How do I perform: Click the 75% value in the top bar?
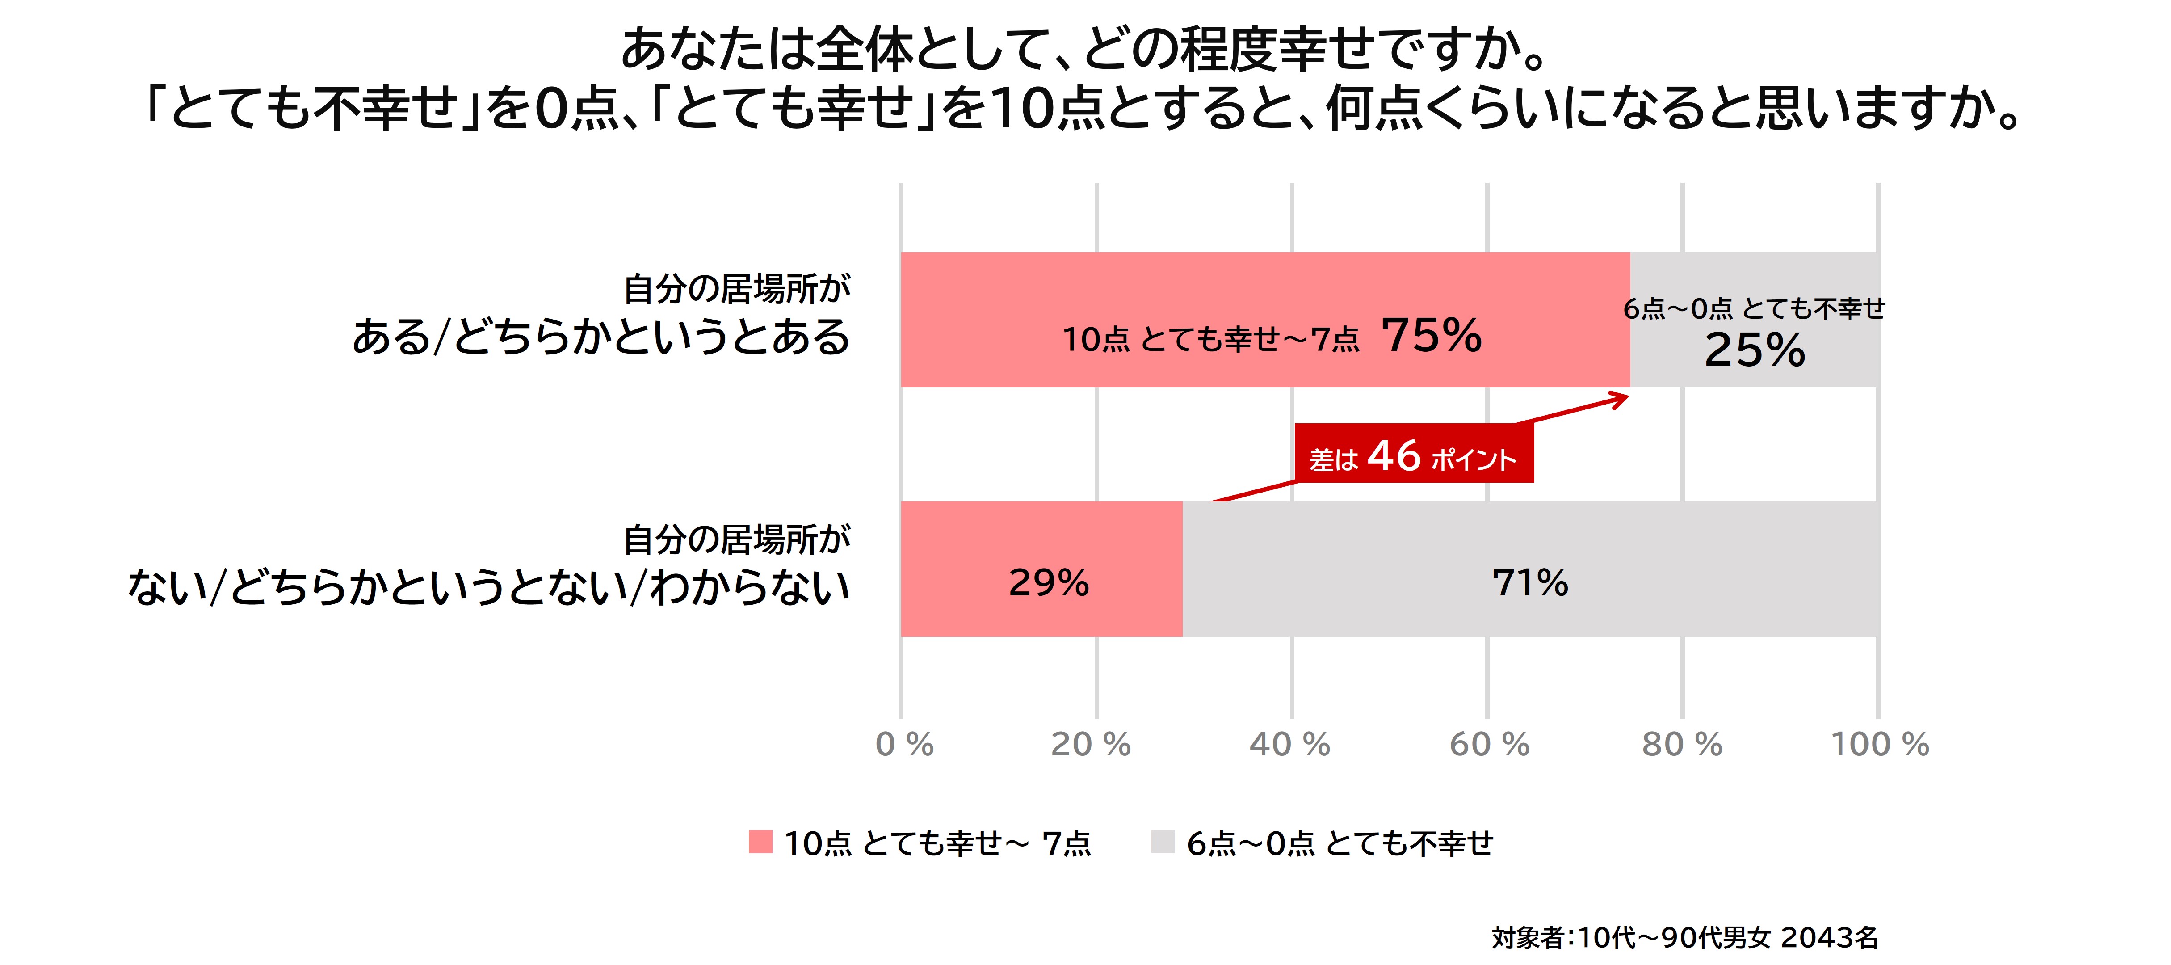(1431, 335)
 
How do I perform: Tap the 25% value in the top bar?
(1755, 350)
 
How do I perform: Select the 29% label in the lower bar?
(1049, 582)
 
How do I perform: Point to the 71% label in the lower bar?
(1530, 582)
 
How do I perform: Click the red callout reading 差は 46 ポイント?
(1413, 455)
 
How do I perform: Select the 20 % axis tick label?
(1091, 744)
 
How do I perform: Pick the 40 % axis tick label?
(1289, 744)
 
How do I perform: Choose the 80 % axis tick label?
(1682, 744)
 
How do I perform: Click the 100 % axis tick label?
(1879, 744)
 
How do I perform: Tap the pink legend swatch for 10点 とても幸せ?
(760, 842)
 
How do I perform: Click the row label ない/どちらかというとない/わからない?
(489, 586)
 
